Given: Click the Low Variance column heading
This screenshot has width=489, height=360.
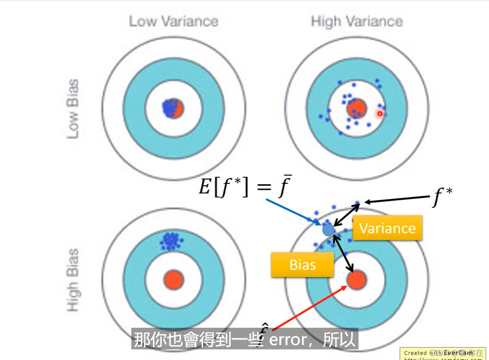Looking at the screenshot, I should tap(173, 21).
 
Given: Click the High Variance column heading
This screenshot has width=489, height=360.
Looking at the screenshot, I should tap(357, 21).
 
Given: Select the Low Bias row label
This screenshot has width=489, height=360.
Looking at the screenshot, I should tap(73, 109).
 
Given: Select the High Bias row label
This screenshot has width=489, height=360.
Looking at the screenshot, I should tap(73, 280).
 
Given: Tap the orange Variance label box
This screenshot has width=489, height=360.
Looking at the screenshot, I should tap(387, 228).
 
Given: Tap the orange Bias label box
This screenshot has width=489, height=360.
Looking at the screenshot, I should tap(302, 265).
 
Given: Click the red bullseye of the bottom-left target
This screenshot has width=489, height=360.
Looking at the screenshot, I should tap(173, 280).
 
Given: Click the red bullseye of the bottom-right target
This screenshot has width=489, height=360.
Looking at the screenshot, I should tap(357, 280).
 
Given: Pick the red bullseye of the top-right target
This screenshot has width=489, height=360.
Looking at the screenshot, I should tap(357, 108).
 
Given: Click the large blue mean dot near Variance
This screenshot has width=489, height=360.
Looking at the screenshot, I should tap(328, 229).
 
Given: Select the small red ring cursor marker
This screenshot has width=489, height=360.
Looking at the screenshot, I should tap(380, 114).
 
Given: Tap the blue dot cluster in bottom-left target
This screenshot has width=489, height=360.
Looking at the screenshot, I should tap(170, 241).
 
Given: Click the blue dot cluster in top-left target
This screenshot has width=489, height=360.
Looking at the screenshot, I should tap(171, 107).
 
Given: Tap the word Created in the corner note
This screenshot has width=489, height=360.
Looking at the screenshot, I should tap(415, 353).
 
